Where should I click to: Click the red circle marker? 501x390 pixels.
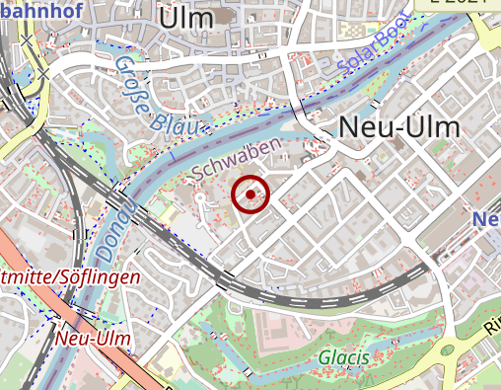click(250, 195)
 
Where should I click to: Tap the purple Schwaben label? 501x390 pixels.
click(237, 157)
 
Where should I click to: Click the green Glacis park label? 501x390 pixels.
click(343, 356)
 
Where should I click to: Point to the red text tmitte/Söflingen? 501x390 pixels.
click(69, 277)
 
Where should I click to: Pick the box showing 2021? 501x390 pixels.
click(464, 3)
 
